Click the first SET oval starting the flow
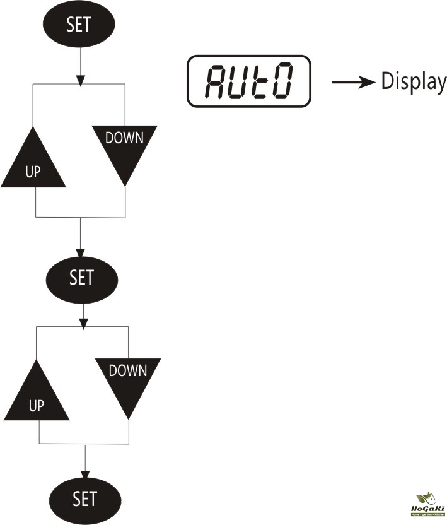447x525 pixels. point(79,25)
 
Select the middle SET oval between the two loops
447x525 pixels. point(81,278)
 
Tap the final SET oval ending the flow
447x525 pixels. point(84,499)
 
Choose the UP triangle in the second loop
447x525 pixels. point(37,396)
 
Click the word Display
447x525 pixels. point(413,82)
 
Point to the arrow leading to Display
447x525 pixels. point(353,83)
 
